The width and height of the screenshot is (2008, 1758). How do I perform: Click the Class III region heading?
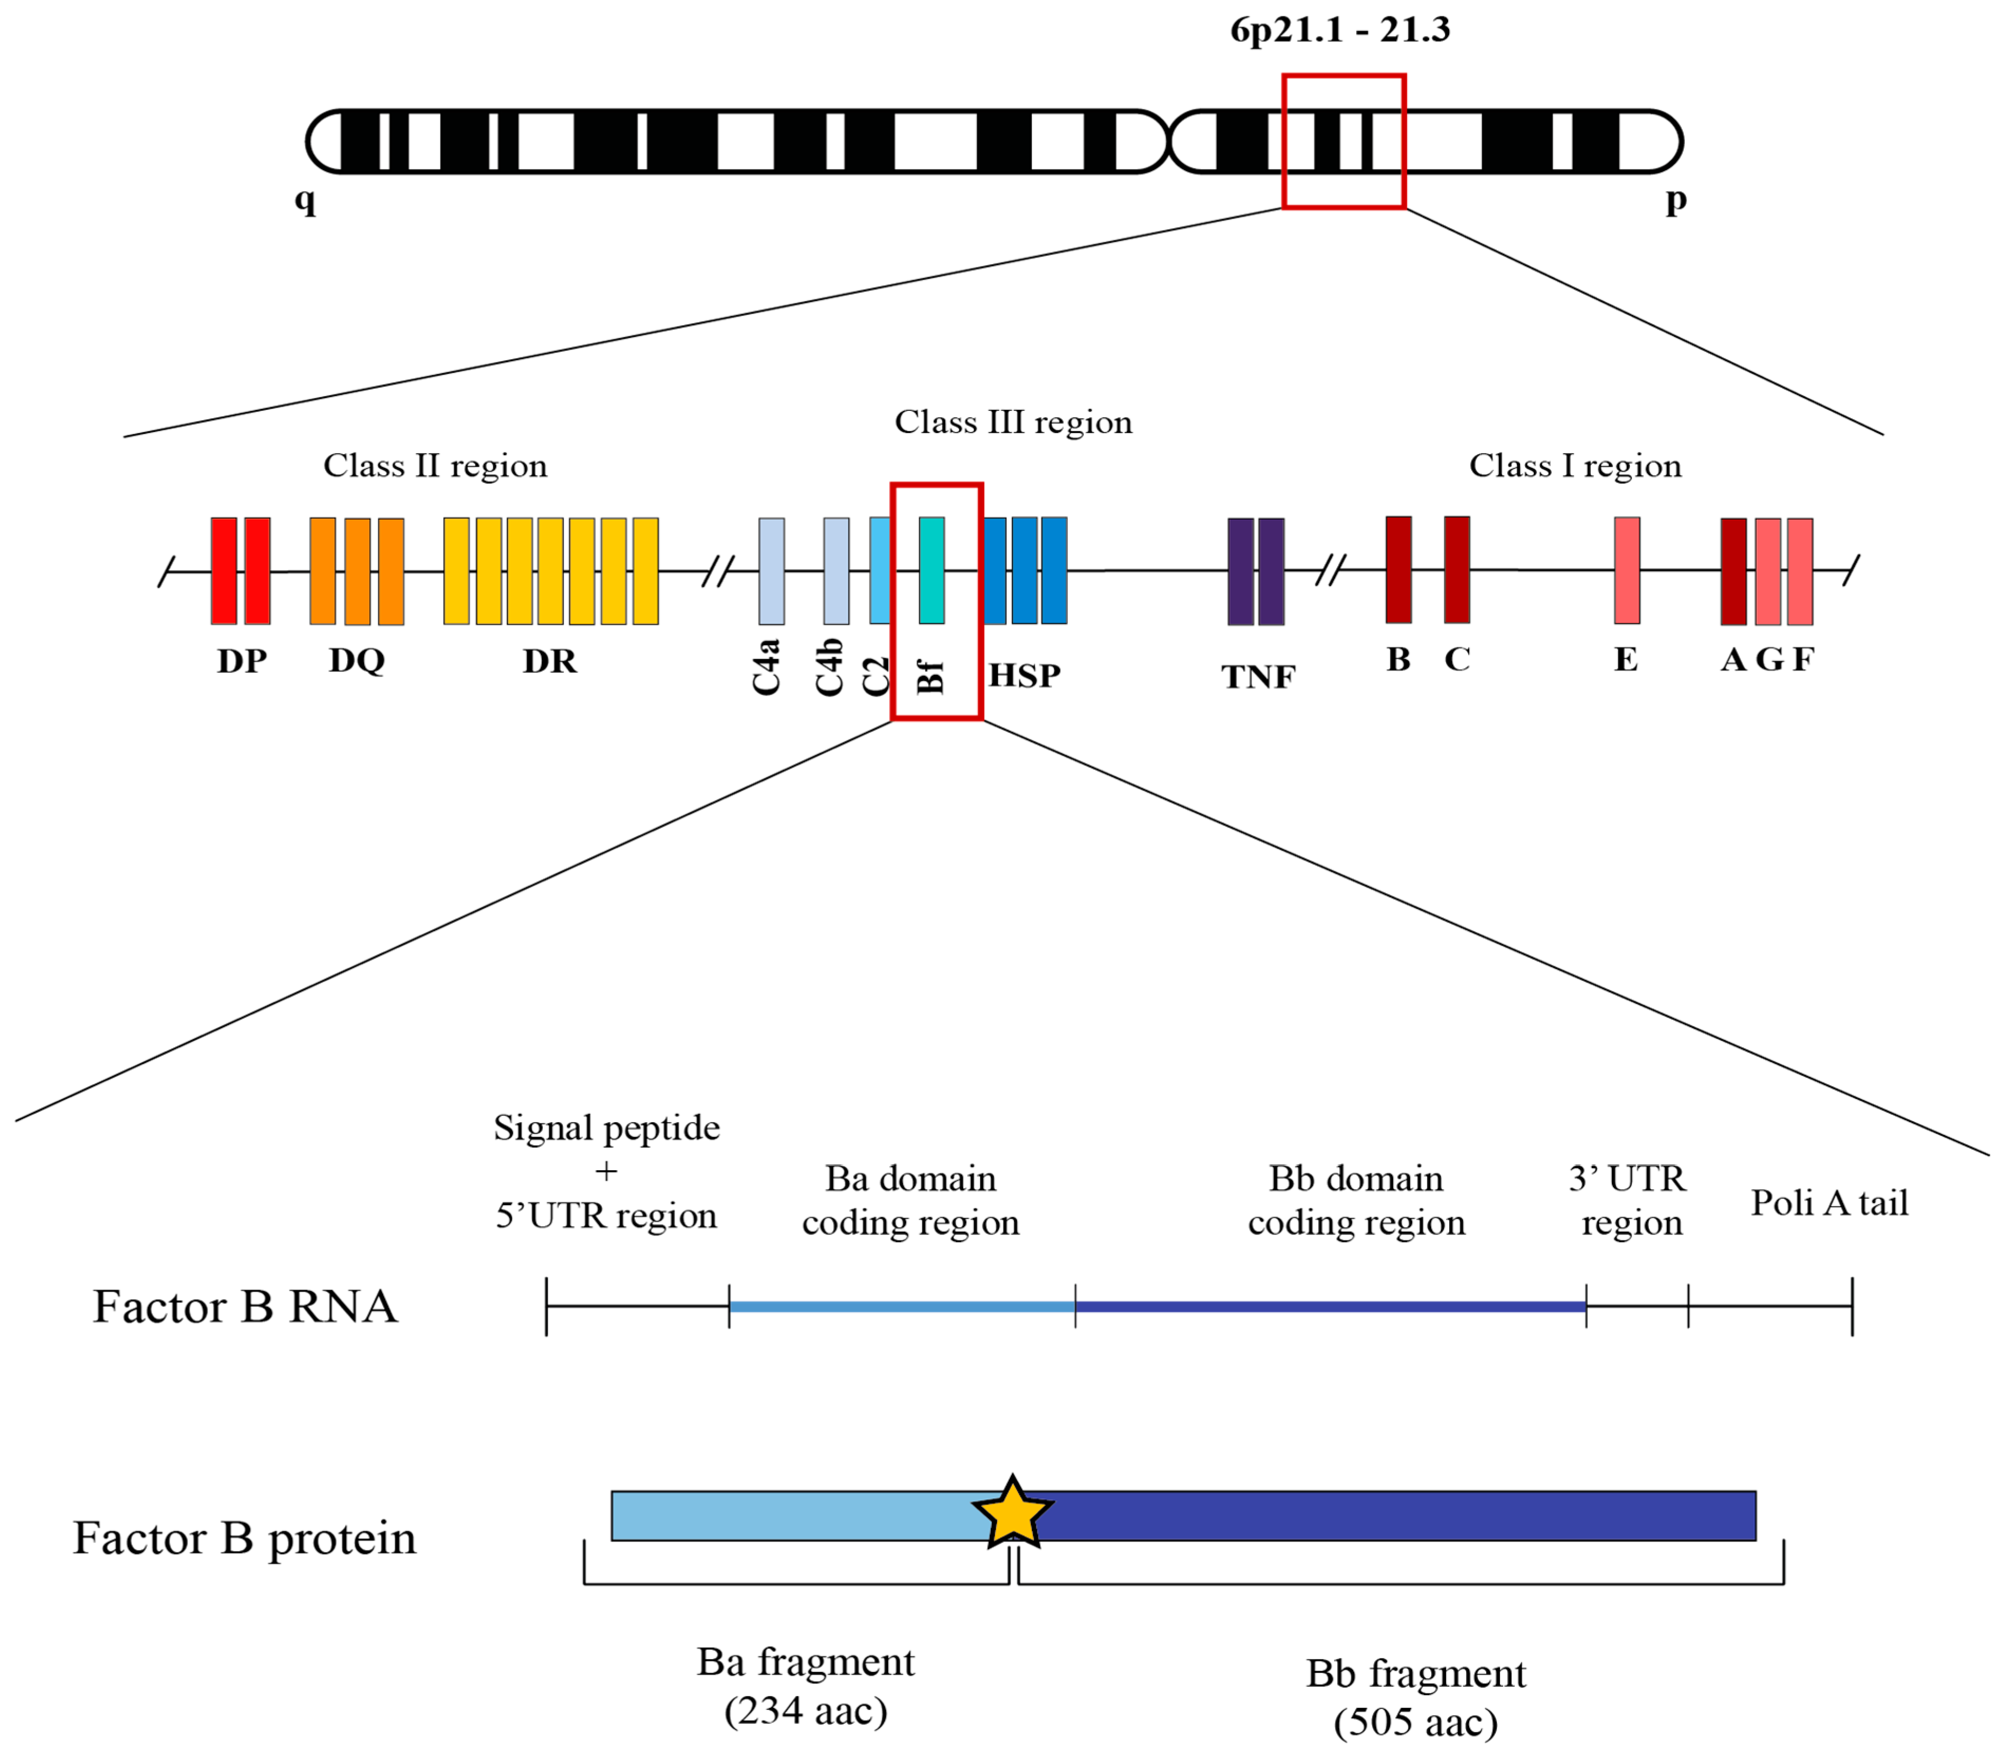(1012, 422)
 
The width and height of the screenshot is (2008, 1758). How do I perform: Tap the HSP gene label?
(1024, 675)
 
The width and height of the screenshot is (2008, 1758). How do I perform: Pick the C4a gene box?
(771, 571)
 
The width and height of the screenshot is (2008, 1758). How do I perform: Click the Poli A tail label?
(1828, 1203)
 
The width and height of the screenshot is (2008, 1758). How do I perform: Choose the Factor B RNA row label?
(245, 1306)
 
